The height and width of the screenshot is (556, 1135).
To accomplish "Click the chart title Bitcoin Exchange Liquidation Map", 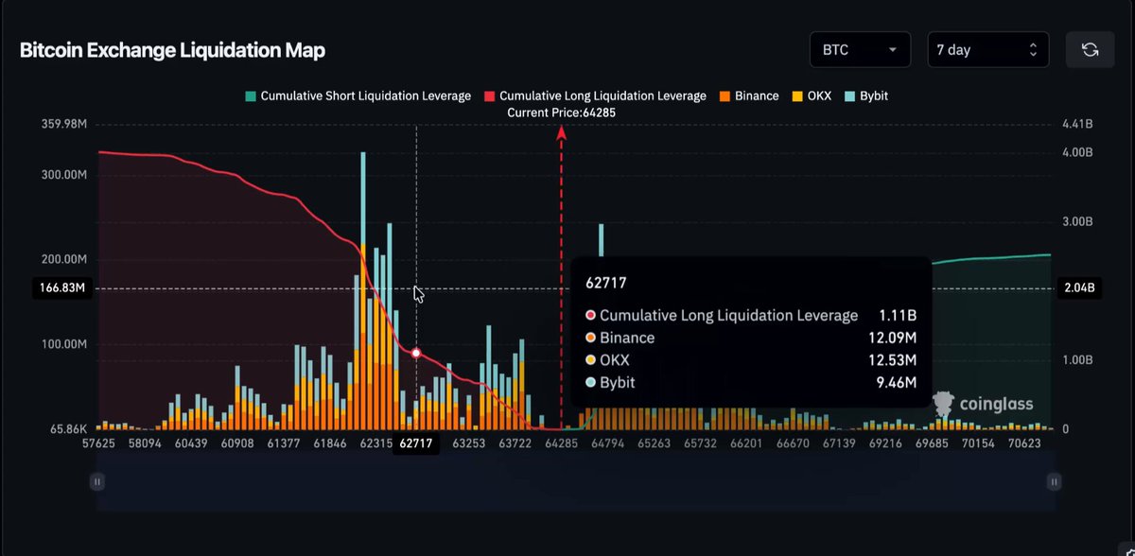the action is pos(172,50).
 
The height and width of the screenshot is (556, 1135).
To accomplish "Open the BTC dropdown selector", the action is pos(860,49).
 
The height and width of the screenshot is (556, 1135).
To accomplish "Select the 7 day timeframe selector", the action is pos(988,49).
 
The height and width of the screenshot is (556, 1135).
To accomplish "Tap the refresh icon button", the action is pos(1090,49).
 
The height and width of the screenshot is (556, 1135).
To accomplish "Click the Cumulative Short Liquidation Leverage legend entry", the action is pos(358,96).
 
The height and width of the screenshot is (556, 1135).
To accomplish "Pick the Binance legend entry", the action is pos(749,96).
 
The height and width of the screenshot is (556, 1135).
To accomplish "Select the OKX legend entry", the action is pos(812,96).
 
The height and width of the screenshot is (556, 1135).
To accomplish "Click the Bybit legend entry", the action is pos(866,96).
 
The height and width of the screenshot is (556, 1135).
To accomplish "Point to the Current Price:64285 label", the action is pos(562,113).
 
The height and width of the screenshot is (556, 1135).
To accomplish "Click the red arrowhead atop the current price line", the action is pos(561,132).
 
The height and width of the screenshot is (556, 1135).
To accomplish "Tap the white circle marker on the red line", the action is pos(416,353).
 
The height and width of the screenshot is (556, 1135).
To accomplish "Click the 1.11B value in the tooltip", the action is pos(898,316).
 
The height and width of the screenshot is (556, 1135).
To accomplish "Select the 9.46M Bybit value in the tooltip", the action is pos(897,382).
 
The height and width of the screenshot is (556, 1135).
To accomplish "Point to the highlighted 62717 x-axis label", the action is pos(416,443).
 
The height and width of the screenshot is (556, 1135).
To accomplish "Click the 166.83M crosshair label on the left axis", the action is pos(62,287).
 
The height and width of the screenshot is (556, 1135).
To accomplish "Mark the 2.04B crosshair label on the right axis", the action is pos(1079,287).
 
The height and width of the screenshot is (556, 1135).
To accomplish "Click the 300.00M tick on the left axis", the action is pos(64,175).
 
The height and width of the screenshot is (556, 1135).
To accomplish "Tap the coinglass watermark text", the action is pos(996,404).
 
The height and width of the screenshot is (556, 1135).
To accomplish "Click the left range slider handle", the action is pos(97,481).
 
